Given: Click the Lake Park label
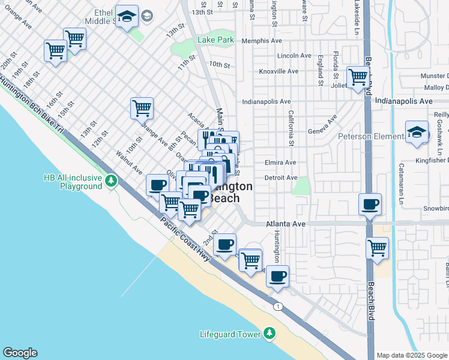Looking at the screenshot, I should click(215, 40).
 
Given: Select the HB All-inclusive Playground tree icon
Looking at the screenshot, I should click(110, 180).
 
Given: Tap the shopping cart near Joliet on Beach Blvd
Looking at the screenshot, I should click(358, 76).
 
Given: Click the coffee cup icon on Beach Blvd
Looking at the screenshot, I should click(370, 205).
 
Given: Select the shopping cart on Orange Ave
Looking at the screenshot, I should click(142, 108).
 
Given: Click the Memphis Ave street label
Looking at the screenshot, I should click(262, 41).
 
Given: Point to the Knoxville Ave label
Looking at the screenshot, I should click(262, 71).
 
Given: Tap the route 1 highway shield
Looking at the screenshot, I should click(277, 307).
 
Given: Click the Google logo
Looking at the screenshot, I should click(20, 353).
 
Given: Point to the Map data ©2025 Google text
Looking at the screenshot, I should click(411, 355).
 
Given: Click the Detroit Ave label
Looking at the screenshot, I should click(281, 178).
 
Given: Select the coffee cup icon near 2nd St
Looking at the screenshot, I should click(225, 244).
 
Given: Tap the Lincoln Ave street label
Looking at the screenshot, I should click(294, 56).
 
